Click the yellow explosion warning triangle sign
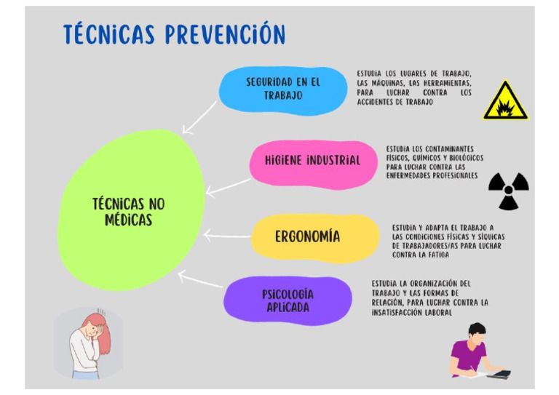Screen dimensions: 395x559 point(505,103)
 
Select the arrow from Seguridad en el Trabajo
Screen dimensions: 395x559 point(199,117)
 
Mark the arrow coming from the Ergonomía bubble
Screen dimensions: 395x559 point(226,236)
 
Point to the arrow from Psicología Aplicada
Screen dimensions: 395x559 point(201,281)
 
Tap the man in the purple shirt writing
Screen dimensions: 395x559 point(473,353)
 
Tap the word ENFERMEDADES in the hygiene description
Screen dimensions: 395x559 point(412,175)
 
